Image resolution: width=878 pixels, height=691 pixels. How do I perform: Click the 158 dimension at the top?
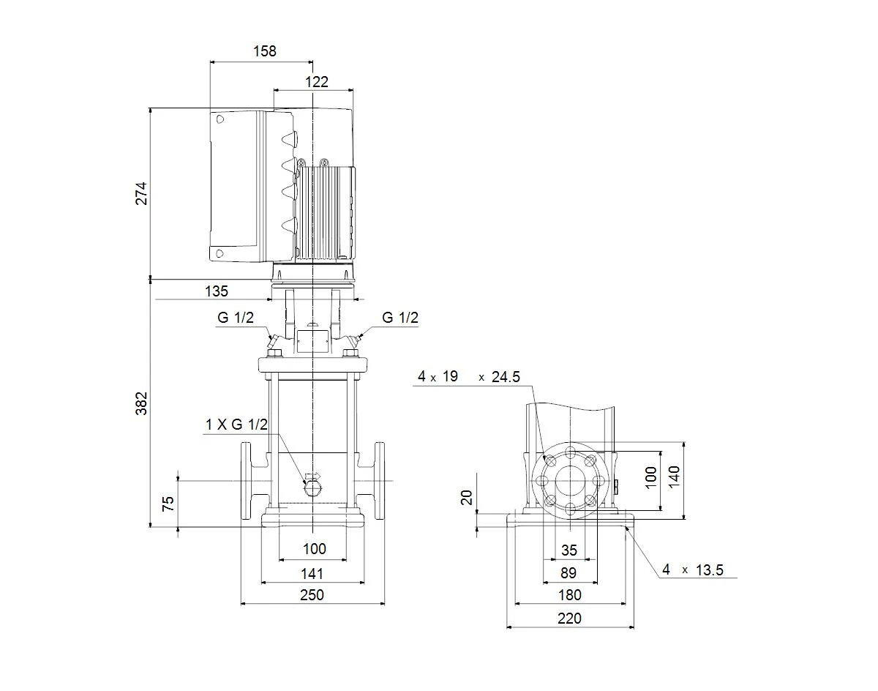(264, 51)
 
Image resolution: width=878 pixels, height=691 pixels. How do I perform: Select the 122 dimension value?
(317, 82)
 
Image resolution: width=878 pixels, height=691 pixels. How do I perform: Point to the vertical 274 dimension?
(141, 193)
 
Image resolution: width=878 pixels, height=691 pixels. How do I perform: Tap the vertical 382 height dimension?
(141, 403)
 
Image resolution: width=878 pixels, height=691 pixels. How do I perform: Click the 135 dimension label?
(217, 291)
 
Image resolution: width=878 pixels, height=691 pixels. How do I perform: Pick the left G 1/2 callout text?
(236, 318)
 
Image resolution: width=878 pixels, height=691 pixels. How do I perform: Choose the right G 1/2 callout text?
(400, 318)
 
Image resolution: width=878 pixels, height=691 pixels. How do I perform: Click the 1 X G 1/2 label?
(236, 425)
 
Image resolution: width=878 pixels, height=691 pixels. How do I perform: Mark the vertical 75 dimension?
(168, 504)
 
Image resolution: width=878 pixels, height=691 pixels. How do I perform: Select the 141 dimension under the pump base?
(312, 574)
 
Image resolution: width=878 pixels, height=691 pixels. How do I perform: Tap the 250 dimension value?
(312, 595)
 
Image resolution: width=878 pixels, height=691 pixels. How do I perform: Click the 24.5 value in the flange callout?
(506, 377)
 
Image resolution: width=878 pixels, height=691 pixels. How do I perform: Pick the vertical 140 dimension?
(674, 477)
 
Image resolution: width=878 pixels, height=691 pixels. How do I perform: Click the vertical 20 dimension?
(466, 498)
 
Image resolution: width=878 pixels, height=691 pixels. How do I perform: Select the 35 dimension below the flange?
(569, 550)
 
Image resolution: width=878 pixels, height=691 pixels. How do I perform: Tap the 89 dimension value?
(569, 573)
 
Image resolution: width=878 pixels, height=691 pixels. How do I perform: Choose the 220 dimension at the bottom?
(569, 619)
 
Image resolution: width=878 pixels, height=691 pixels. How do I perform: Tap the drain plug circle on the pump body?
(313, 488)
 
